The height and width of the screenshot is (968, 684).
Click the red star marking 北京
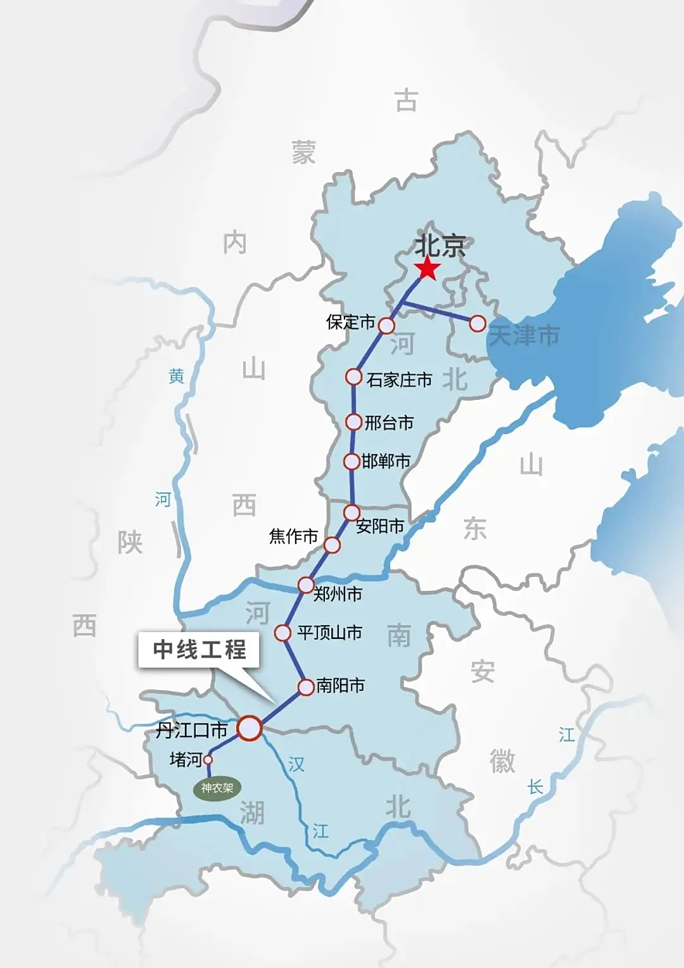[428, 268]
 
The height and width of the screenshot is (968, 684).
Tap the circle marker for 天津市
[478, 324]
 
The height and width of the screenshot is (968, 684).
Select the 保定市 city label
[350, 322]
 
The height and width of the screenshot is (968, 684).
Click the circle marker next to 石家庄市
[353, 377]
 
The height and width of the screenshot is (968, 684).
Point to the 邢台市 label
[389, 423]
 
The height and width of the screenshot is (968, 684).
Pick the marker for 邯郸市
[351, 461]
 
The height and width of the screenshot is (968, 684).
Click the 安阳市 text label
[379, 526]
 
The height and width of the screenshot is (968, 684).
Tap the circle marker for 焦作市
[332, 544]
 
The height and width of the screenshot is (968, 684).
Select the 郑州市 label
[338, 594]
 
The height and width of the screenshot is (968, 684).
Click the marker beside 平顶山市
[282, 632]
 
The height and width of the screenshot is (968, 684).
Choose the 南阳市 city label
[340, 685]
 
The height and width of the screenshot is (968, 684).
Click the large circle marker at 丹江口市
[250, 728]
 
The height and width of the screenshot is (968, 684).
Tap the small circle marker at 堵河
[208, 759]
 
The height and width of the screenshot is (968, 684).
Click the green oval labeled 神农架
[217, 788]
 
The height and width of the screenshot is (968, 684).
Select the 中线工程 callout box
[199, 650]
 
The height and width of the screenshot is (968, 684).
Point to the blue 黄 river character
[176, 376]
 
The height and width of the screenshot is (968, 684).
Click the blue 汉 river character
[296, 764]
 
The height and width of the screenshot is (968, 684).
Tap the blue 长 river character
[535, 787]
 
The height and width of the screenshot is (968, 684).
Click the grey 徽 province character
[502, 760]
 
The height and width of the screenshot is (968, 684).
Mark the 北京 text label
[440, 245]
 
